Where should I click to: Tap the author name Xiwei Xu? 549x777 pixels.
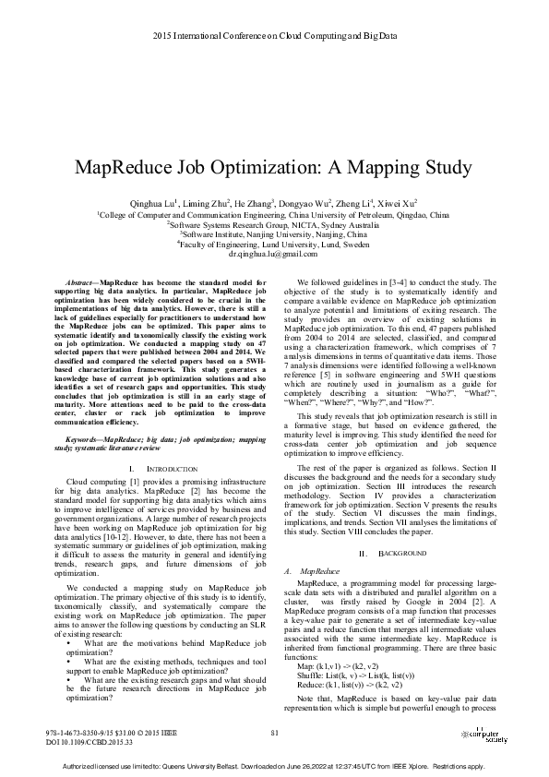coord(398,202)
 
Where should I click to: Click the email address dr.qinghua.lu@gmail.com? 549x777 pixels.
coord(273,253)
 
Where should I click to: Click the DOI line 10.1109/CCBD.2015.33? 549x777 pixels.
coord(89,741)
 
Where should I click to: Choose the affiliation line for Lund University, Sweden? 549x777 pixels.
coord(273,245)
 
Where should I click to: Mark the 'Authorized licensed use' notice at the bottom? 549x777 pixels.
coord(274,766)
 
